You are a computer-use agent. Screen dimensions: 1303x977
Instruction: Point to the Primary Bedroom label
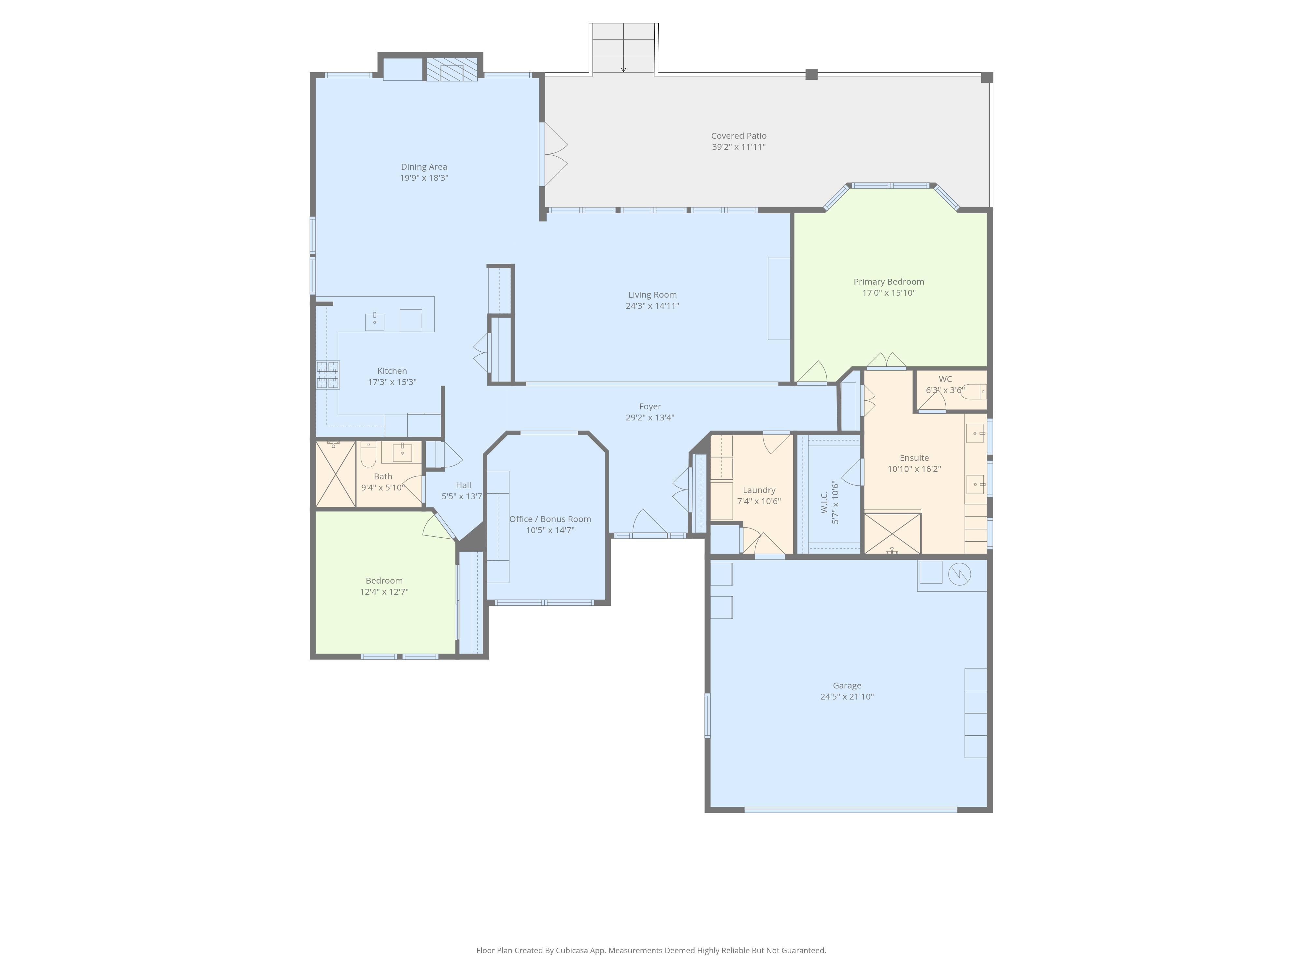889,281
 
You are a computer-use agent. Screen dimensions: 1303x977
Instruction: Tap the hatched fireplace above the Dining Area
452,69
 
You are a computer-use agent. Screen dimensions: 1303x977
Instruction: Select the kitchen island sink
375,321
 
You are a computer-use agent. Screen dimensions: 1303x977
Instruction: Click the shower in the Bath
336,474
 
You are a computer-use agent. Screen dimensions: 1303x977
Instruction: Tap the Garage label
847,686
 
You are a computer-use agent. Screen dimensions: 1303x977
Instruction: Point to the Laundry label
759,490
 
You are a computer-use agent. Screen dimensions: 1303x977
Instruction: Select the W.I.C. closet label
825,502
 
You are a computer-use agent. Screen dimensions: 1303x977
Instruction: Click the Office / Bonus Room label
550,519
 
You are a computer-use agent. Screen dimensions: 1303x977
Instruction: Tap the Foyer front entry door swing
650,523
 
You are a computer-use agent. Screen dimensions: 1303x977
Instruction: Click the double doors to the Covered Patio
554,154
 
